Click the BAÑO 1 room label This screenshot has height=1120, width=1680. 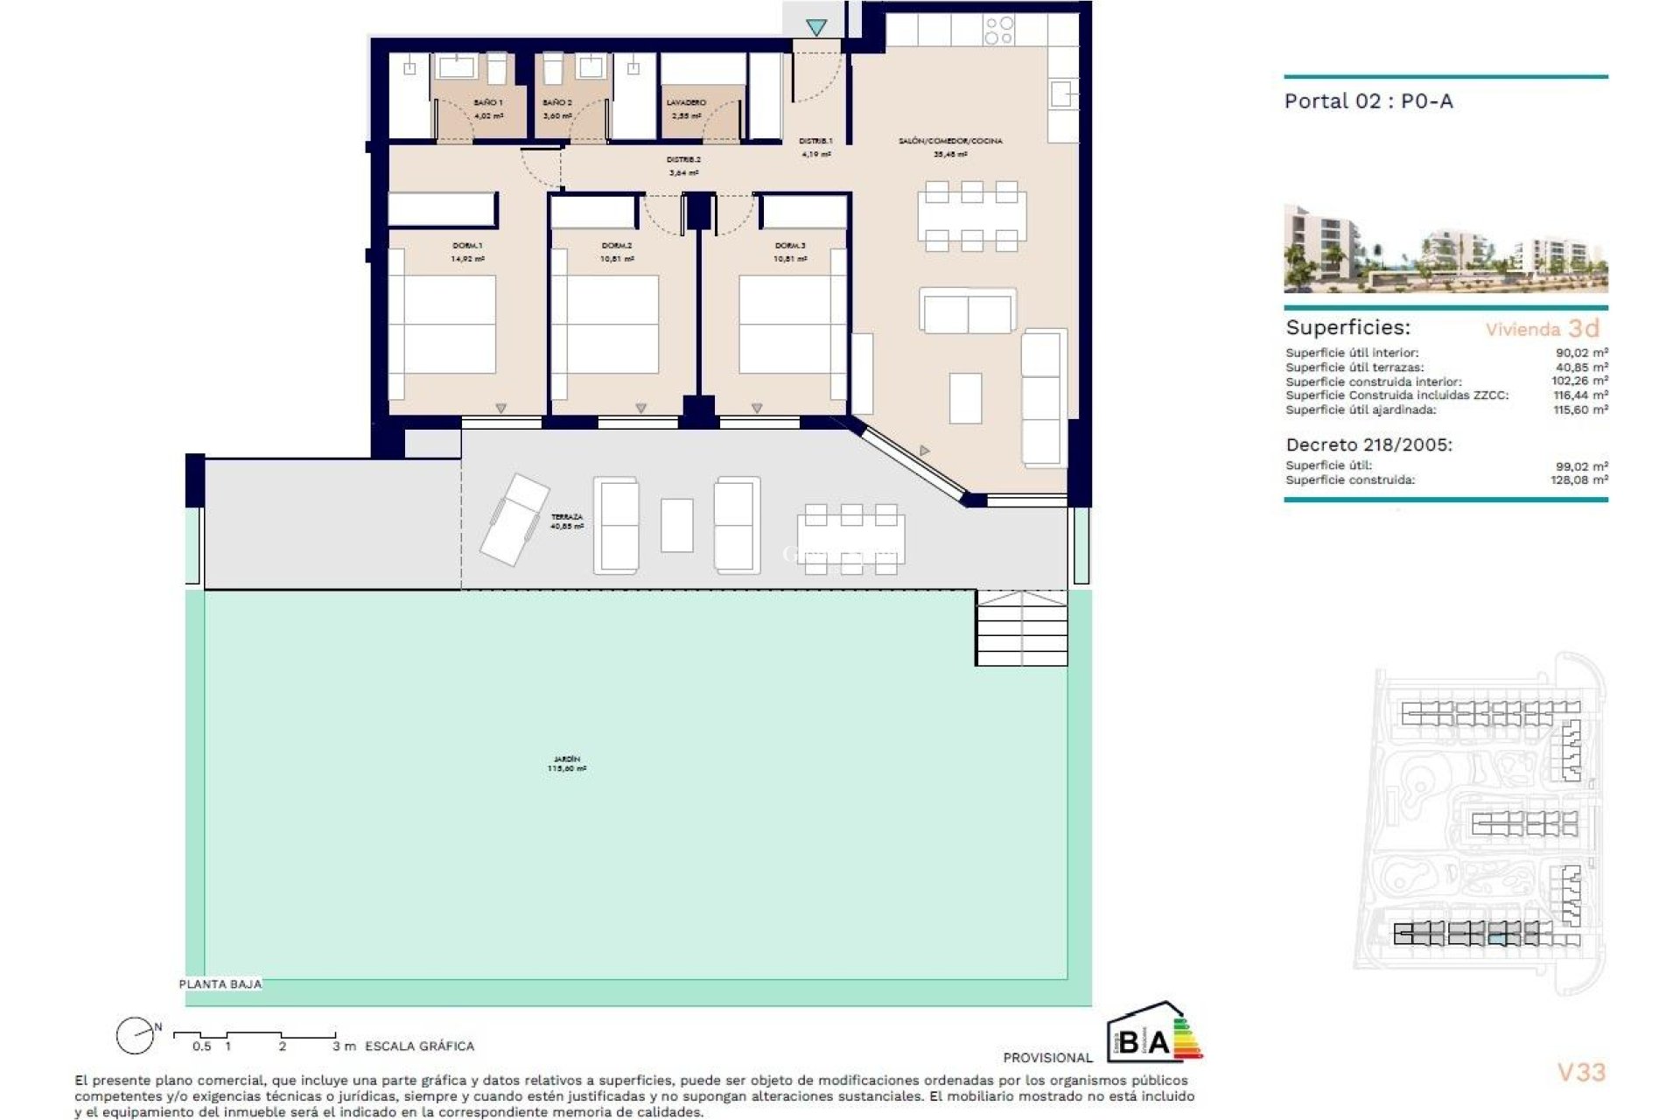[x=487, y=103]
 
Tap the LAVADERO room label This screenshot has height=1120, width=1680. [x=686, y=103]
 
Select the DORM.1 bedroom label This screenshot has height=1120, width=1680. [x=467, y=246]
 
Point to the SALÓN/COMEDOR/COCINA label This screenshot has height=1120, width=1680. [x=950, y=141]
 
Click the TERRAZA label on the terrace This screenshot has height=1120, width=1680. [x=567, y=517]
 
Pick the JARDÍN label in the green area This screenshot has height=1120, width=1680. [x=567, y=759]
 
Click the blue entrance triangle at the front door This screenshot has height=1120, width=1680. [x=816, y=28]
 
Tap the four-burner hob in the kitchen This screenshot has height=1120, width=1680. [x=998, y=31]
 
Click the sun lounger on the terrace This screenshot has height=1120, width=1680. [x=514, y=519]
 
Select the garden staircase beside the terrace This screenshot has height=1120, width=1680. [x=1021, y=627]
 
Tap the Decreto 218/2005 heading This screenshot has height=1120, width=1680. [x=1368, y=444]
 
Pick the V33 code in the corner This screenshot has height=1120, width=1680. [x=1581, y=1072]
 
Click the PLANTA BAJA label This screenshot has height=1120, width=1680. [x=220, y=984]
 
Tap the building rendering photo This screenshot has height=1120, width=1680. [x=1445, y=248]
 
